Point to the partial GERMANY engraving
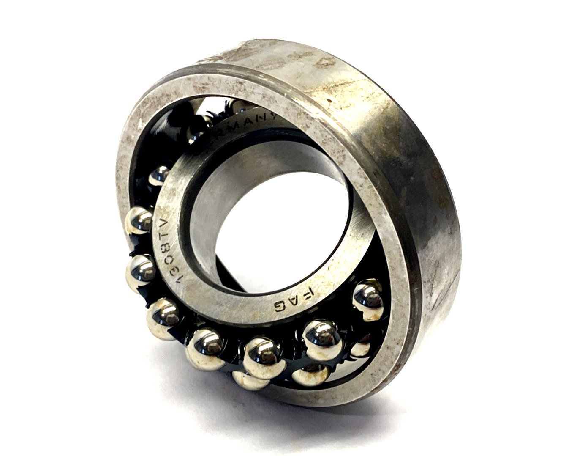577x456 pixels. [245, 126]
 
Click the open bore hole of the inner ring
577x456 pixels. [270, 220]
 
